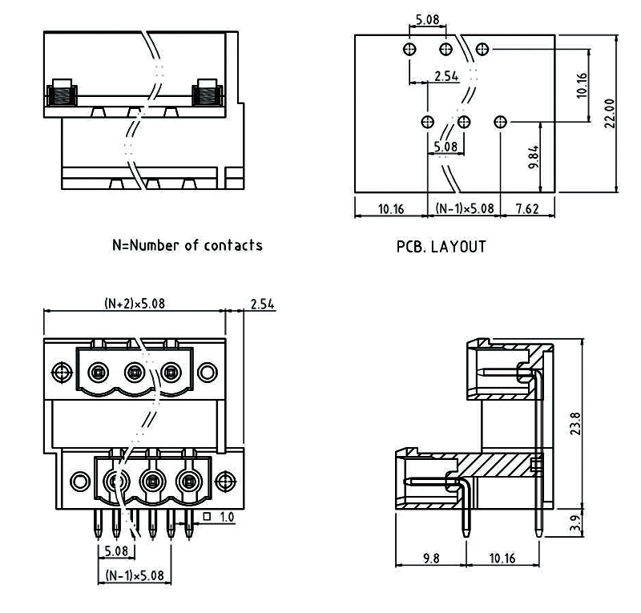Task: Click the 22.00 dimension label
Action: [x=610, y=113]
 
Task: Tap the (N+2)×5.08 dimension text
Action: [x=135, y=304]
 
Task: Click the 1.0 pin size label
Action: [x=227, y=518]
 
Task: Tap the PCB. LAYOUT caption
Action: [x=441, y=247]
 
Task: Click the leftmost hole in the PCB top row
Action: [x=409, y=50]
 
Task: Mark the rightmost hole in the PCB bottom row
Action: [x=501, y=122]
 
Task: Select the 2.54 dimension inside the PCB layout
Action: [x=445, y=76]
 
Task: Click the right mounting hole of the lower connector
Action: [x=226, y=482]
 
